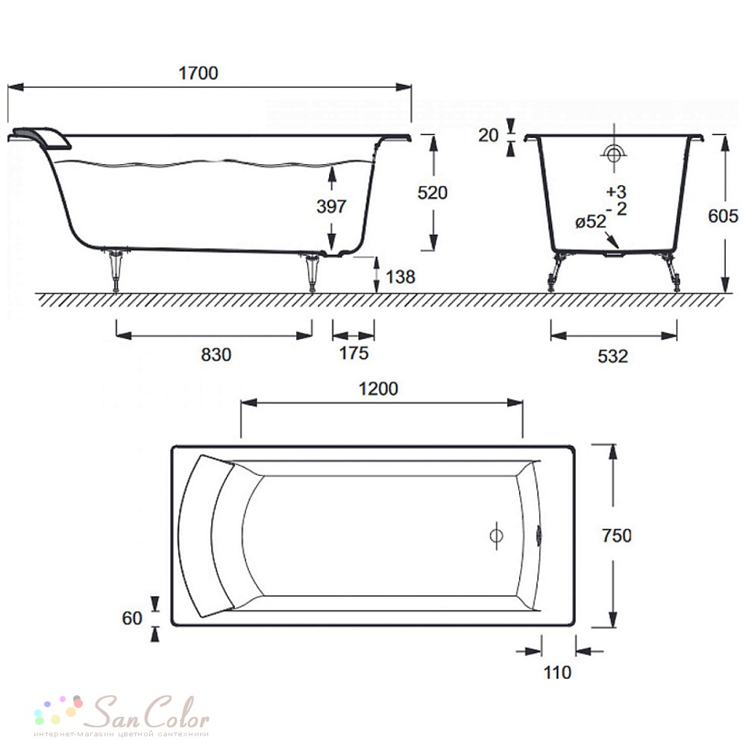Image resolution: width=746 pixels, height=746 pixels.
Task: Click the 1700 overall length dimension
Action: [x=198, y=73]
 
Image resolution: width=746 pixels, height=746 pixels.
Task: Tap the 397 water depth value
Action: [x=332, y=207]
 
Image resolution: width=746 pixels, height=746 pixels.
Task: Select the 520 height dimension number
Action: [x=433, y=192]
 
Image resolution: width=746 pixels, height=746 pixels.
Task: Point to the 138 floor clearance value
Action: [x=400, y=277]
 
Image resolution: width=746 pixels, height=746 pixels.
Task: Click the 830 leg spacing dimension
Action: [x=216, y=354]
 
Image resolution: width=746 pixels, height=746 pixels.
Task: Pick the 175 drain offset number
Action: [x=354, y=353]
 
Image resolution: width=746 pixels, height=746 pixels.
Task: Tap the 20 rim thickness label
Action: [x=488, y=135]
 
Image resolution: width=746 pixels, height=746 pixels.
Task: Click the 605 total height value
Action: [x=723, y=216]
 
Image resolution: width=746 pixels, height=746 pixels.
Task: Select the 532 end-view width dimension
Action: [x=612, y=356]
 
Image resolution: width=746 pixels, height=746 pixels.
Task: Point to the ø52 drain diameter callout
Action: [x=591, y=222]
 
